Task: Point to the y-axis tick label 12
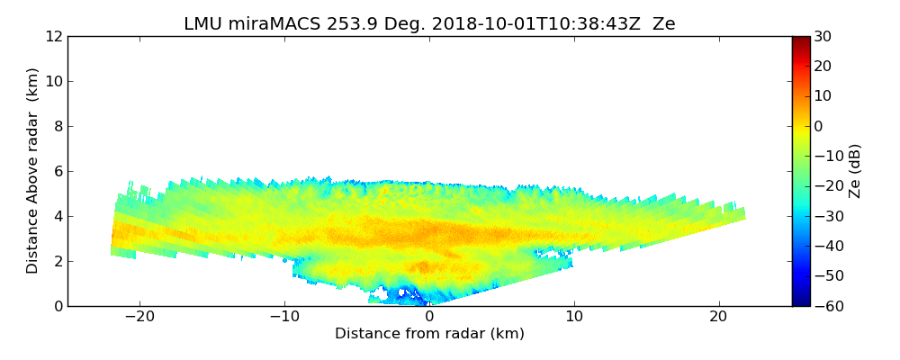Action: tap(54, 36)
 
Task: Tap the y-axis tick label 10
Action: tap(54, 81)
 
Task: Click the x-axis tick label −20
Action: tap(139, 318)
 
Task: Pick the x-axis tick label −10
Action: tap(284, 318)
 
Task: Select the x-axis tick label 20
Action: tap(719, 318)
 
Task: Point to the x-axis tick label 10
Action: tap(574, 318)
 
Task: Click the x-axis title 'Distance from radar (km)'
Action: tap(429, 334)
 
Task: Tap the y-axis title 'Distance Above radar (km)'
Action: tap(33, 170)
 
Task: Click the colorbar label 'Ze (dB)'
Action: tap(855, 170)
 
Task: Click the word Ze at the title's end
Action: tap(663, 24)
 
